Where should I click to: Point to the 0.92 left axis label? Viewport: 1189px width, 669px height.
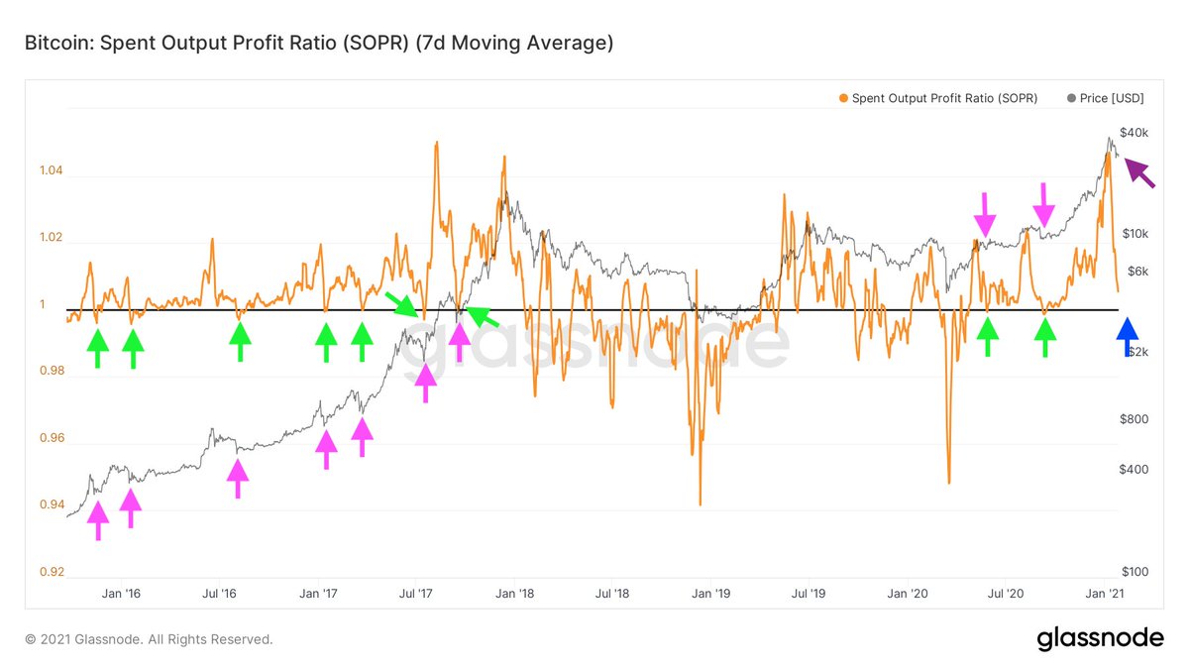pos(52,572)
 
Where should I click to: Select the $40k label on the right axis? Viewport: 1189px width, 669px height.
pos(1134,133)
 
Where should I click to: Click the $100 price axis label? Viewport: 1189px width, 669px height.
pos(1134,572)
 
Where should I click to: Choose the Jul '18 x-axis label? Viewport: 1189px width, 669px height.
pos(612,594)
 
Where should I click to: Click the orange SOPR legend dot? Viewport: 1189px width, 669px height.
pos(843,99)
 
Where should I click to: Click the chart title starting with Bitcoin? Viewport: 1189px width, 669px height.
pos(319,43)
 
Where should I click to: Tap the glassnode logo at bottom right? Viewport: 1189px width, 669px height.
pos(1100,639)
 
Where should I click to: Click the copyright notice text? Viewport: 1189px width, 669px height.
pos(149,640)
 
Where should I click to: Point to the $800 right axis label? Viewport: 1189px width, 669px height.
pos(1134,419)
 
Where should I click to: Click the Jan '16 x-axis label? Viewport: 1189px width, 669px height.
pos(121,594)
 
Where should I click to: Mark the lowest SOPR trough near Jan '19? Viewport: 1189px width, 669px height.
pos(700,504)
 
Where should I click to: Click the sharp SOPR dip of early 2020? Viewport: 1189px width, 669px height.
pos(948,483)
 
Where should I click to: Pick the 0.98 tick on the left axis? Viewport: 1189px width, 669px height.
pos(52,372)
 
